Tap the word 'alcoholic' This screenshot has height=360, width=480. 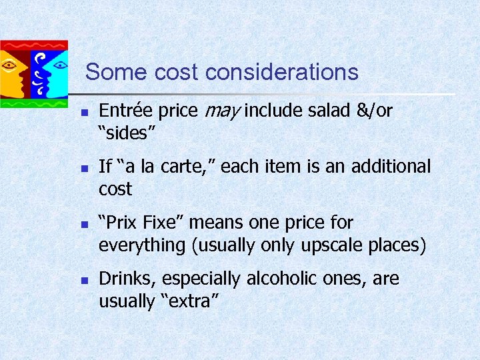(281, 279)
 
